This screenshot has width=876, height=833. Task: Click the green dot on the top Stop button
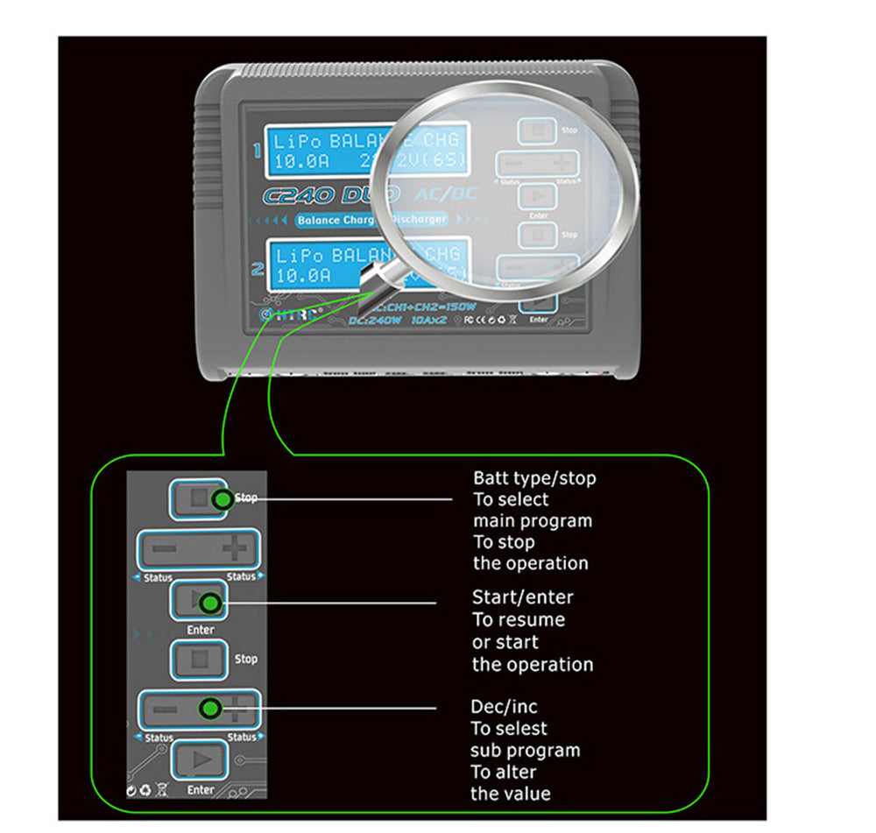tap(223, 498)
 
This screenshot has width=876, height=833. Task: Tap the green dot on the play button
tap(209, 603)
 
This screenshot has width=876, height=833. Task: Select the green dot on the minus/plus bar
tap(208, 708)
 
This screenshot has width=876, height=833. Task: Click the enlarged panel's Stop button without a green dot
tap(199, 659)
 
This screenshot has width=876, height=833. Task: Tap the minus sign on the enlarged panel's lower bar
tap(164, 709)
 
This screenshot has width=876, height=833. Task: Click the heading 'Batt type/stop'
tap(534, 478)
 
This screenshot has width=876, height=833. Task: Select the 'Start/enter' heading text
tap(522, 597)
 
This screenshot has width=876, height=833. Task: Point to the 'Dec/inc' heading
tap(503, 706)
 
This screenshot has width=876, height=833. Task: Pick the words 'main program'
tap(533, 520)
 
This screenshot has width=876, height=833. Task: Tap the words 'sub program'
tap(525, 750)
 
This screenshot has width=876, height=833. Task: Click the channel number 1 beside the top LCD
tap(257, 150)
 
